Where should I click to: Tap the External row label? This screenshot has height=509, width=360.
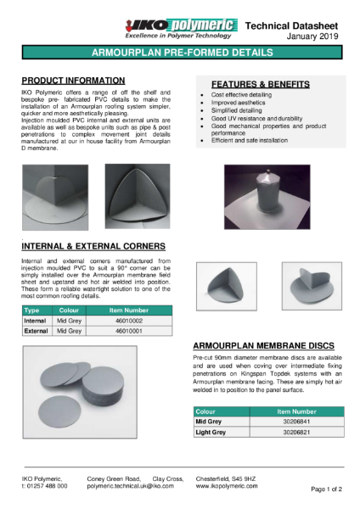tap(35, 330)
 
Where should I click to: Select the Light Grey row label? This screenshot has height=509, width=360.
tap(211, 432)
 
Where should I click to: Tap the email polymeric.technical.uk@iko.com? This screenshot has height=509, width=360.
tap(130, 486)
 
